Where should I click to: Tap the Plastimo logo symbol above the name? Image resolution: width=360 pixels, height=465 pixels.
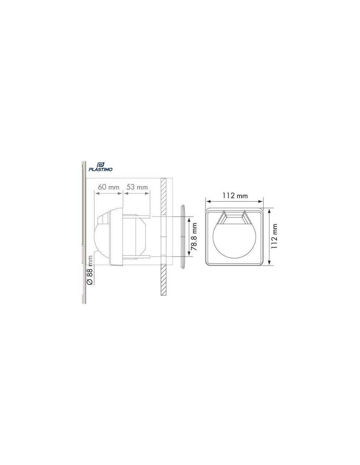[x=100, y=164]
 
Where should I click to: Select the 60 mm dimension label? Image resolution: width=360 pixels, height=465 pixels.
[x=108, y=187]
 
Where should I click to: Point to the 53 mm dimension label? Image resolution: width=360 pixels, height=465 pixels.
[x=137, y=187]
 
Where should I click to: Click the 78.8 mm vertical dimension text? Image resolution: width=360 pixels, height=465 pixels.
[x=194, y=236]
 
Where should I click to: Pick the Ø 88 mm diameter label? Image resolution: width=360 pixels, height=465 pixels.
[x=90, y=270]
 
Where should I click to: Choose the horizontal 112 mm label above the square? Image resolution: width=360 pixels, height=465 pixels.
[x=235, y=196]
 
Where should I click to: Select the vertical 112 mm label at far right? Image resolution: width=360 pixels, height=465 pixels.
[x=274, y=236]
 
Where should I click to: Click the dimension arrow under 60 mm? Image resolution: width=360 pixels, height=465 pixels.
[x=108, y=193]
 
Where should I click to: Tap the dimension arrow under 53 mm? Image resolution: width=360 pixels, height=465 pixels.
[x=137, y=193]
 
